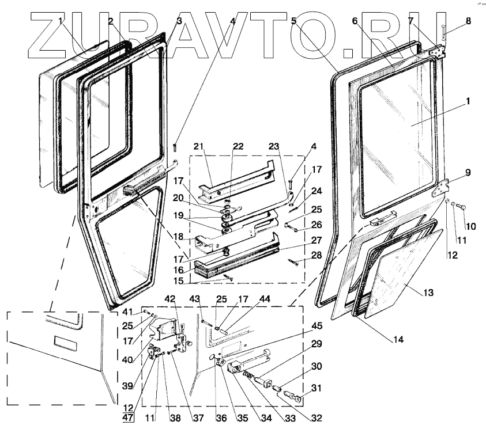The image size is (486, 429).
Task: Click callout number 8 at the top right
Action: [x=468, y=21]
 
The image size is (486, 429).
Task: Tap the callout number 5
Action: [x=294, y=21]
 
